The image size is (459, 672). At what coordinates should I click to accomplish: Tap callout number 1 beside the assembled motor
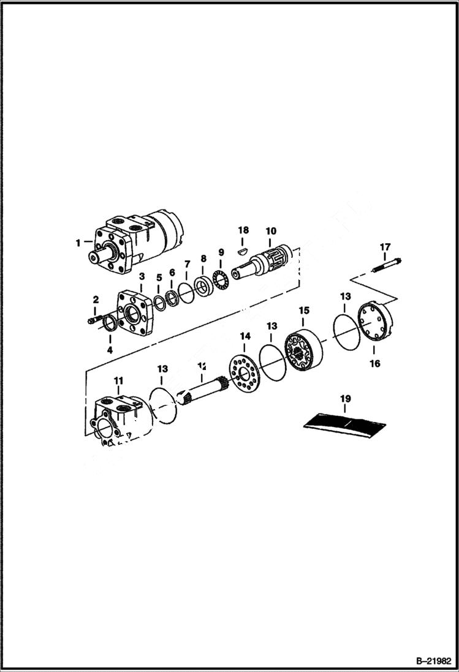coord(78,243)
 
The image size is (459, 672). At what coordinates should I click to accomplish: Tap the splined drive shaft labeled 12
coord(202,392)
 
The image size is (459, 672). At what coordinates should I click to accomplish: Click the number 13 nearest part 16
coord(345,296)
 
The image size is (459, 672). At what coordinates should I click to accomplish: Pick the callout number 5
coord(158,277)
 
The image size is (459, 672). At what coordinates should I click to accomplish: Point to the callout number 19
coord(346,399)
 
